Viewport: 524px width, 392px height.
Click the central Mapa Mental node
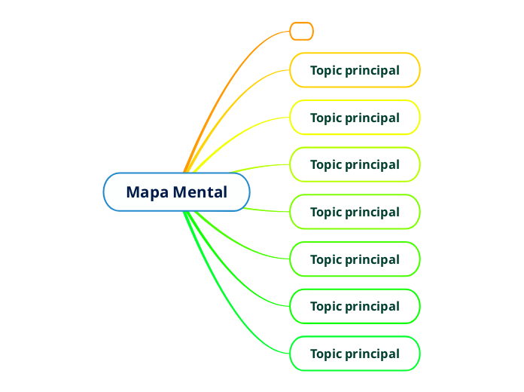coord(176,192)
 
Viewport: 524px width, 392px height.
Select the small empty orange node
coord(301,31)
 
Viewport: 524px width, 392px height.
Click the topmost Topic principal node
coord(355,70)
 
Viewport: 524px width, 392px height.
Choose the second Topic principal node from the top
coord(355,118)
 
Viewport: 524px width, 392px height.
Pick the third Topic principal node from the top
coord(355,164)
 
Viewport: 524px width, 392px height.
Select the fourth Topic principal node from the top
coord(355,212)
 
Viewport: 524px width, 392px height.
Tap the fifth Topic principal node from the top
coord(355,259)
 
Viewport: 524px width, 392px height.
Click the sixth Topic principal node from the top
coord(355,306)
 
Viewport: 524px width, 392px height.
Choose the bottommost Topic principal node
coord(355,354)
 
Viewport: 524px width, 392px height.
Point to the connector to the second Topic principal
coord(248,127)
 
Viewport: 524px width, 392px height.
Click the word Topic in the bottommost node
coord(326,354)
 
